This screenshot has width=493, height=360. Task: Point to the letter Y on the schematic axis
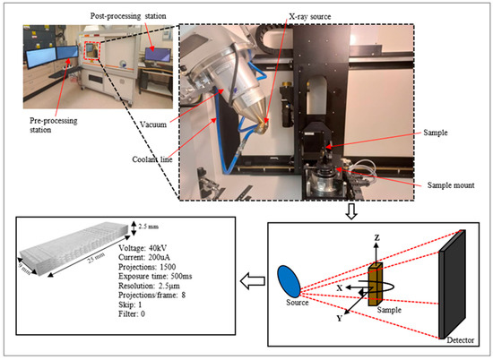coord(339,316)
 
